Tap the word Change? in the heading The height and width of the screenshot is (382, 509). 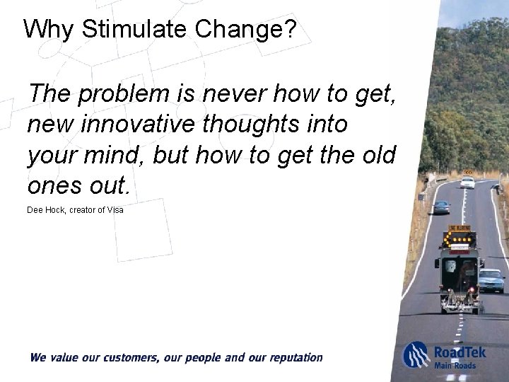[245, 29]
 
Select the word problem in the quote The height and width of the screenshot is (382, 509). [124, 93]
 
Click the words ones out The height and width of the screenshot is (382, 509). [78, 185]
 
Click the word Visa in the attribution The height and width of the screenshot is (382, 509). [115, 210]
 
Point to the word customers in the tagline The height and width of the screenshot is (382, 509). [122, 358]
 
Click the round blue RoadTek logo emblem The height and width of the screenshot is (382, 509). [416, 355]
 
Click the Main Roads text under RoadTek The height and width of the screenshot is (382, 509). [455, 365]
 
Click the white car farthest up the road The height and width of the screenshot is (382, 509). [467, 183]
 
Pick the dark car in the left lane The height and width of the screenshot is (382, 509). [441, 207]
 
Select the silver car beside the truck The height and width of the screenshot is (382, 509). [491, 280]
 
